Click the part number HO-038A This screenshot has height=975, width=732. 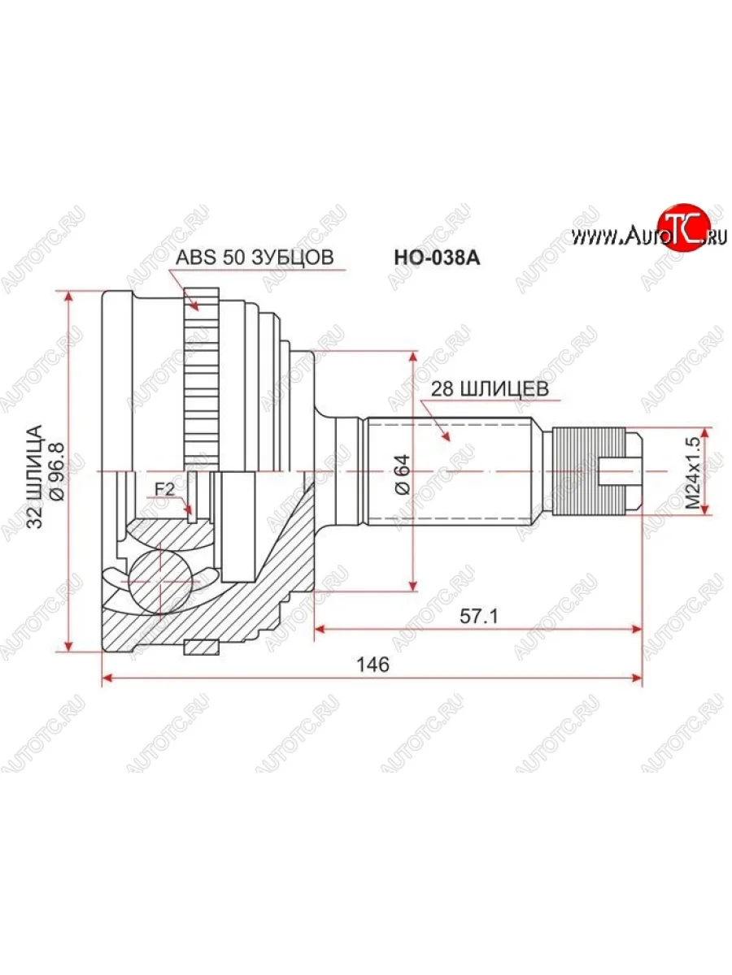(437, 258)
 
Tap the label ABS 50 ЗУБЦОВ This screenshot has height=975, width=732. (255, 258)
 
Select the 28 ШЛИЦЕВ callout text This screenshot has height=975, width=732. (490, 389)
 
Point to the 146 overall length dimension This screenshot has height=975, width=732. (373, 665)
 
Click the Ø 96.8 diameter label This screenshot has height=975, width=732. (59, 471)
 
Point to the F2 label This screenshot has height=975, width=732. (164, 489)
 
